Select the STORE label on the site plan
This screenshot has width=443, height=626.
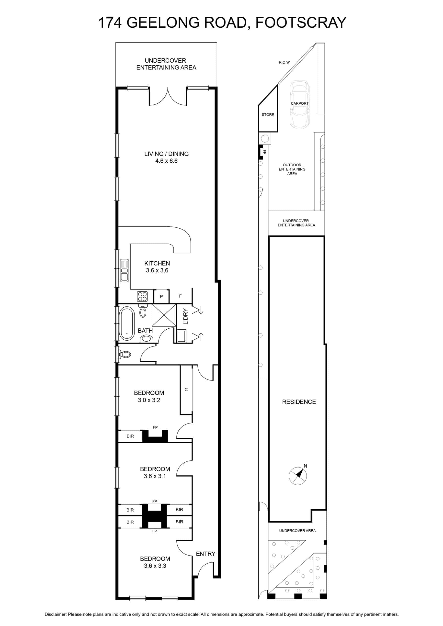pos(268,114)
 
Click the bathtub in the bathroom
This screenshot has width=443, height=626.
pos(127,323)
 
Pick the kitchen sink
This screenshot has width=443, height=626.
pos(125,270)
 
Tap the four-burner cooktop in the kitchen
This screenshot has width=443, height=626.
pos(142,296)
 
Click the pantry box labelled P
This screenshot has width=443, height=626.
pos(161,296)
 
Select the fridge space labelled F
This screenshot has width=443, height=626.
pos(180,296)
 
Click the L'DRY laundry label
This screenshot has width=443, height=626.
pos(186,316)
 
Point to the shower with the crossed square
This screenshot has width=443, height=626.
pos(164,315)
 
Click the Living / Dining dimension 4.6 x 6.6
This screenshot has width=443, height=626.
pos(166,161)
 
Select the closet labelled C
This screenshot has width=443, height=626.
pos(186,390)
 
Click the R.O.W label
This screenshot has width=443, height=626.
pos(284,62)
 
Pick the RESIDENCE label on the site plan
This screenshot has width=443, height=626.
pos(299,402)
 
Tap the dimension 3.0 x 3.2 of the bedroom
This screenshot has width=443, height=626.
pos(149,400)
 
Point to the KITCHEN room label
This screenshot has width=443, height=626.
pos(157,263)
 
